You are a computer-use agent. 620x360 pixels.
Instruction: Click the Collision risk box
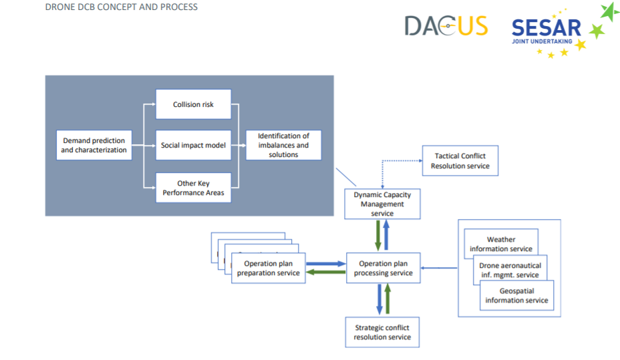(x=193, y=104)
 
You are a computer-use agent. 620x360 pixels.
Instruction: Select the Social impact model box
(x=193, y=145)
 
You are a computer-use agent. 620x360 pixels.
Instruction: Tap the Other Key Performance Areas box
(x=193, y=188)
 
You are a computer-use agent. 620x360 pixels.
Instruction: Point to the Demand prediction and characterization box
(x=94, y=145)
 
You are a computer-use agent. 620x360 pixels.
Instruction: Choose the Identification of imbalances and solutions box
(x=283, y=145)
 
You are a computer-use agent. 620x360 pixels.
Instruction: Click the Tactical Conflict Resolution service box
(x=460, y=161)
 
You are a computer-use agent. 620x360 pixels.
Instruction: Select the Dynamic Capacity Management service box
(x=382, y=204)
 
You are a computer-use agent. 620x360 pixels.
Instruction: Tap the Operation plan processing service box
(x=383, y=268)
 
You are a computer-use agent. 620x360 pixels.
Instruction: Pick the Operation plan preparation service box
(x=269, y=268)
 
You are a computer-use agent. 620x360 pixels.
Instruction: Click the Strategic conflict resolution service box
(x=382, y=333)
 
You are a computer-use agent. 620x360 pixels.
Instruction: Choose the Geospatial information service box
(x=517, y=296)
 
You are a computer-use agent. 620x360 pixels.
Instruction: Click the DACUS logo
(x=446, y=25)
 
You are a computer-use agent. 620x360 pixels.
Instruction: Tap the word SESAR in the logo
(x=547, y=27)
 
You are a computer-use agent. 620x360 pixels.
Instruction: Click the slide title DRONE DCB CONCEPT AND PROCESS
(x=122, y=7)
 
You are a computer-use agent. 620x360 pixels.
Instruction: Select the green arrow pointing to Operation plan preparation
(x=326, y=272)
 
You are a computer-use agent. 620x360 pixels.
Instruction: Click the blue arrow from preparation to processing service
(x=326, y=264)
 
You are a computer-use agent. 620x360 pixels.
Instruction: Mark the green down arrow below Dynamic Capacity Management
(x=378, y=236)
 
